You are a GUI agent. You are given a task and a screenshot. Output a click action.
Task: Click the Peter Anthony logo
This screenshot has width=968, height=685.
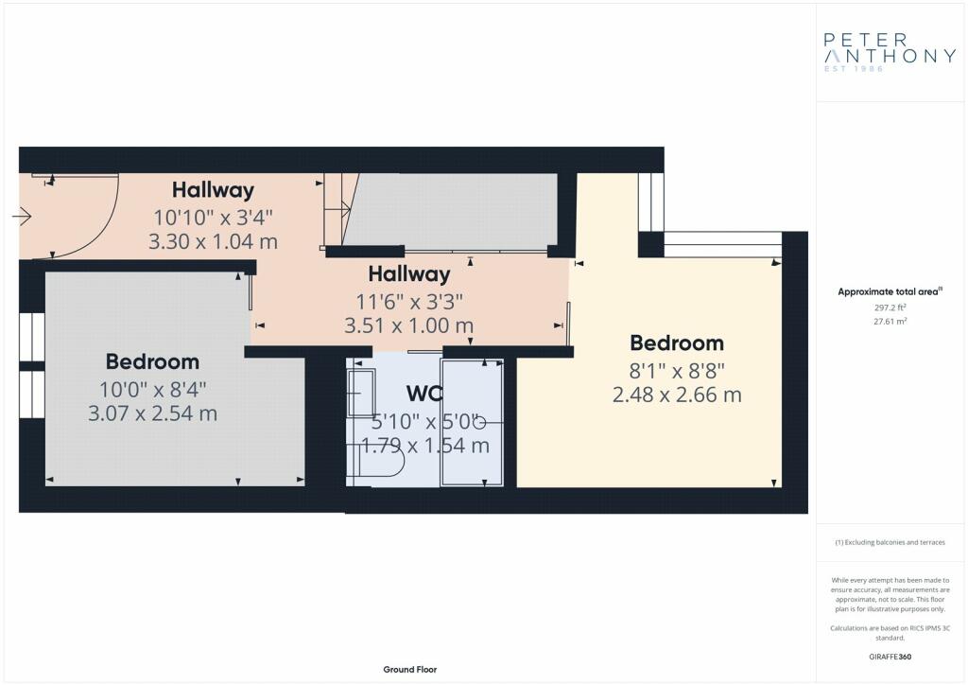(890, 52)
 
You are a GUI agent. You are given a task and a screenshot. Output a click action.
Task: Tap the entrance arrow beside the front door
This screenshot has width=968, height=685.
(22, 216)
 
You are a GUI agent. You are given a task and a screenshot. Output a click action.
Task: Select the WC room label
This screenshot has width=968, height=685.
(424, 393)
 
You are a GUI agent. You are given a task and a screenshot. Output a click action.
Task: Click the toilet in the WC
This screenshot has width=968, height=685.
(375, 460)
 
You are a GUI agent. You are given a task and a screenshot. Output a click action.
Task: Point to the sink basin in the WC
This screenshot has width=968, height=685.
(361, 393)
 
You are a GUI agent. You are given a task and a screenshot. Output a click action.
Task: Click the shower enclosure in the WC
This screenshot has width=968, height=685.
(472, 423)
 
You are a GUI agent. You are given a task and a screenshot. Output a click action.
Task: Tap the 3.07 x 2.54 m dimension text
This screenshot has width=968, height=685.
(152, 413)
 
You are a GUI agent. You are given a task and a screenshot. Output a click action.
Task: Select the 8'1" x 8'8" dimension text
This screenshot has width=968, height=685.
(677, 371)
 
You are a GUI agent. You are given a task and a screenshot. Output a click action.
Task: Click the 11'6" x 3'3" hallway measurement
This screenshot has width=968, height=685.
(408, 302)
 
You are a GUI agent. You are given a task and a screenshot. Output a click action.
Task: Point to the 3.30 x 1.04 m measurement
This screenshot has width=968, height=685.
(213, 241)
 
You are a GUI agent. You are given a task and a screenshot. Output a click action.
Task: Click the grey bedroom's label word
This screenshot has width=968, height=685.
(152, 361)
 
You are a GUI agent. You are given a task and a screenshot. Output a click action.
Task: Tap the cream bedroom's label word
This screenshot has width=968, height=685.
(677, 342)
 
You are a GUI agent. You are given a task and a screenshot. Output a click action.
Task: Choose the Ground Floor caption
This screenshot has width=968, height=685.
(410, 670)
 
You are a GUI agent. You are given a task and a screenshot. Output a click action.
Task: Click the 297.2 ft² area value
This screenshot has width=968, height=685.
(890, 307)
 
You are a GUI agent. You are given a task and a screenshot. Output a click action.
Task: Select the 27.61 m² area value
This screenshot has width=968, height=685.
(890, 321)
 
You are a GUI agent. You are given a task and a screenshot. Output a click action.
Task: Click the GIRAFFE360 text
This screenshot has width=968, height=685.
(890, 657)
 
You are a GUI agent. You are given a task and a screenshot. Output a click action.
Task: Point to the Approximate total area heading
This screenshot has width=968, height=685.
(890, 291)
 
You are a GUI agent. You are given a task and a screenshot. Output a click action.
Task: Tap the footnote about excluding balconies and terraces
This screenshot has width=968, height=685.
(890, 542)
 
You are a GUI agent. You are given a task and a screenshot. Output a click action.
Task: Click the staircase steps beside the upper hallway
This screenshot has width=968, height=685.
(339, 210)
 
